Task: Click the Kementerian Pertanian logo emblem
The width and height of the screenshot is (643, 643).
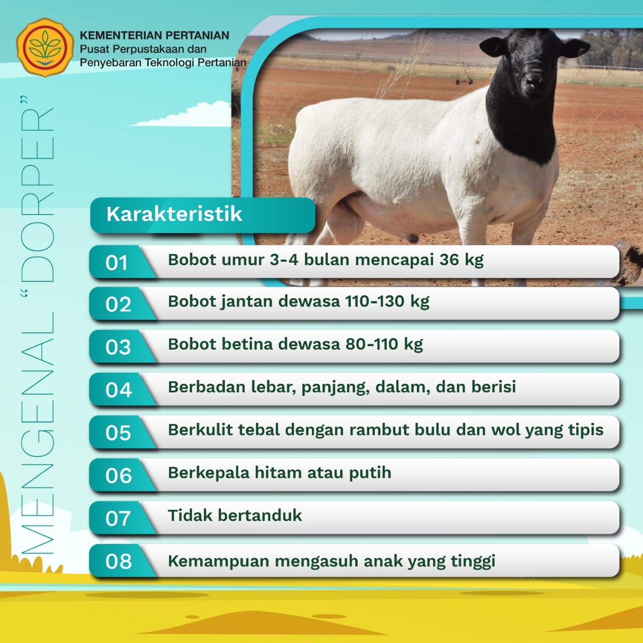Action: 45,48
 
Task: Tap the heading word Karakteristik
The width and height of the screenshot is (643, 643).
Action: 174,214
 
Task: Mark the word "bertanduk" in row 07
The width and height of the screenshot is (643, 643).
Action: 260,515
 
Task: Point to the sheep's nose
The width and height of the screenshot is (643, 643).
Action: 534,81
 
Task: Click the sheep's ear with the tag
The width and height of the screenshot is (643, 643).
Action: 493,46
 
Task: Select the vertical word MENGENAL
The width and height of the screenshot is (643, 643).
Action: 37,434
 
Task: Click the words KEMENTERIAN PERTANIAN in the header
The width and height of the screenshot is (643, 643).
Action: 155,35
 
